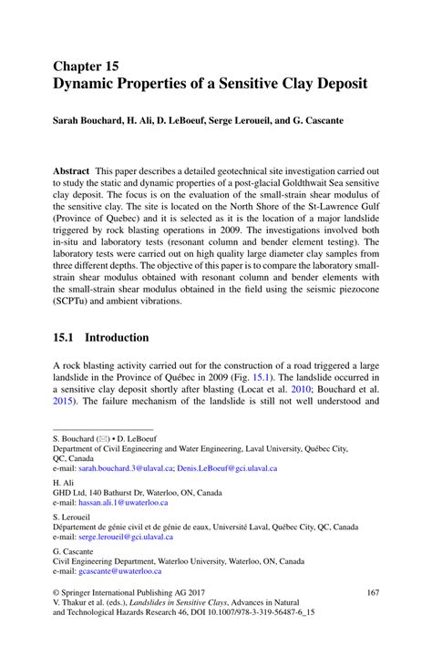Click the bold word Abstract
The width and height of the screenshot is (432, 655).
click(74, 170)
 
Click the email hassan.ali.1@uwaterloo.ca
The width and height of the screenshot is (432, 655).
click(123, 502)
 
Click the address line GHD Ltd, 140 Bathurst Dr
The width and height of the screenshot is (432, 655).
click(124, 492)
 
